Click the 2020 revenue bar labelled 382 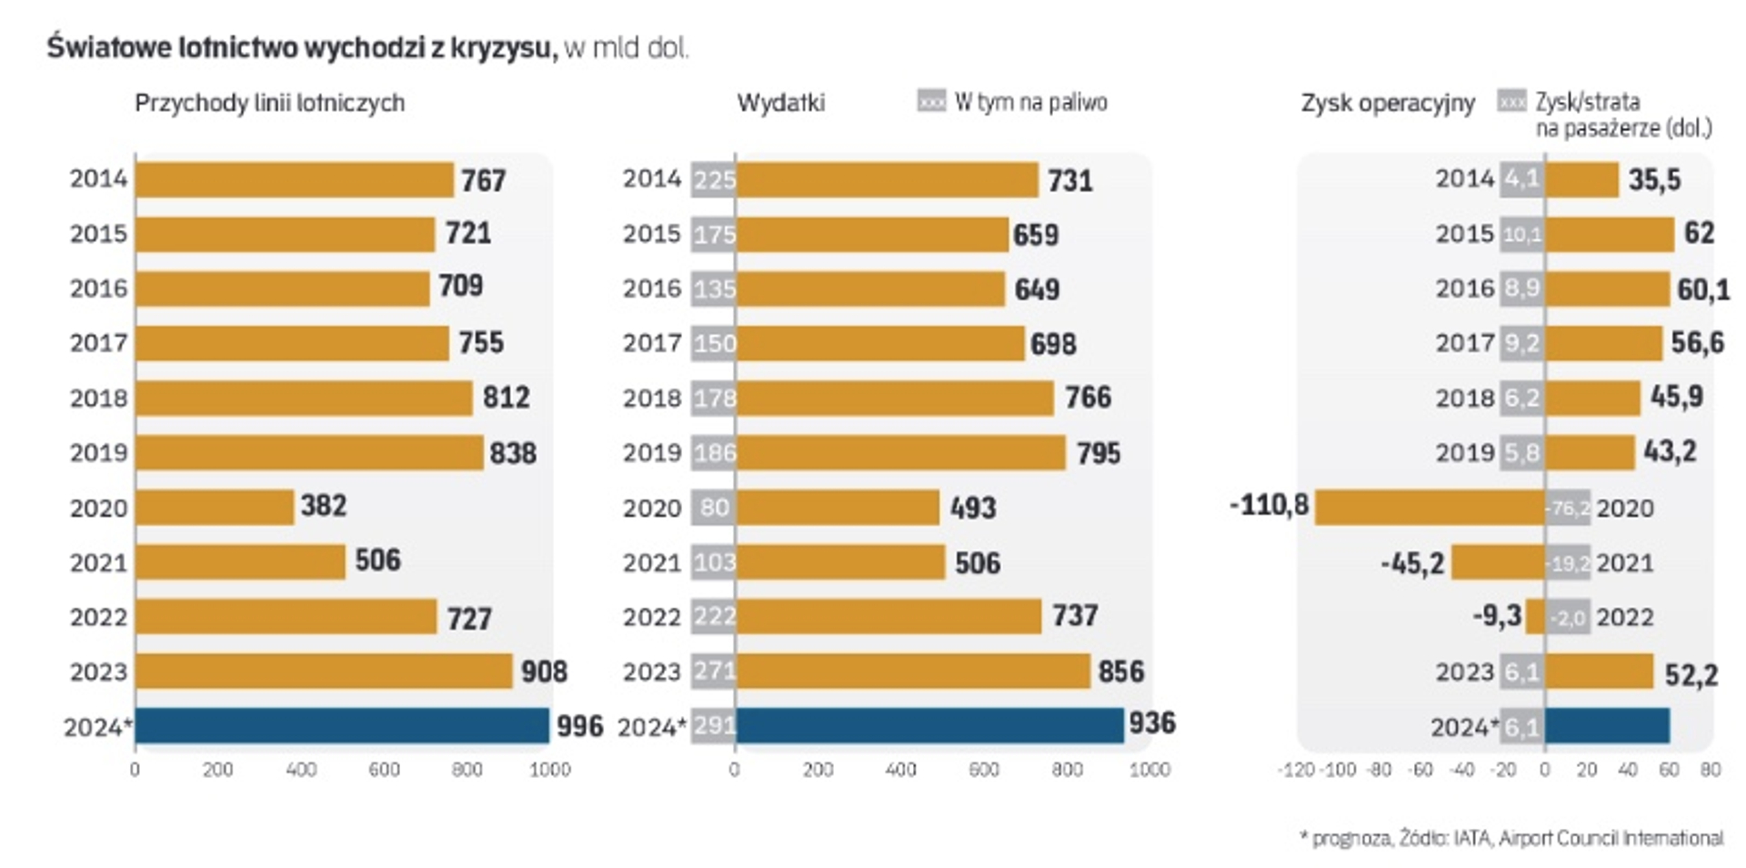point(215,507)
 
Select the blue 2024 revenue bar point(342,726)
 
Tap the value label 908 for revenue point(544,672)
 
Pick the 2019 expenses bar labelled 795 point(900,452)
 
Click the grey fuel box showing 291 point(714,726)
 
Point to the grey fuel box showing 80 point(714,507)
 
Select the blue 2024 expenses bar point(929,726)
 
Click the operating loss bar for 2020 point(1430,507)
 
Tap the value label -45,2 point(1411,563)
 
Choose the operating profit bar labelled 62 point(1610,234)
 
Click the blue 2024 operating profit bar point(1608,726)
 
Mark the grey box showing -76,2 point(1569,508)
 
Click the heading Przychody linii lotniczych point(269,103)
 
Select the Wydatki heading point(780,103)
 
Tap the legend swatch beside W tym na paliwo point(931,101)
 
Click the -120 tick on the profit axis point(1295,770)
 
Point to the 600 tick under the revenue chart point(384,770)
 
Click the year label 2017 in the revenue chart point(98,343)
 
